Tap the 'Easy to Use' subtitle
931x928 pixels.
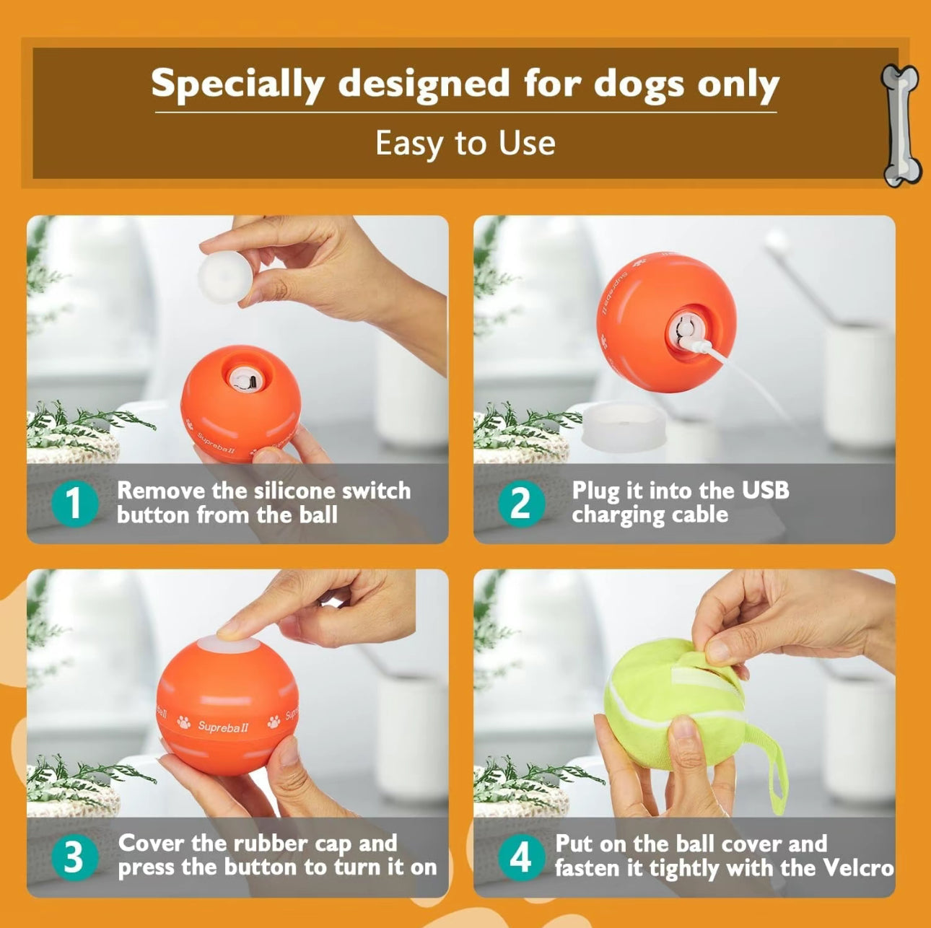point(465,143)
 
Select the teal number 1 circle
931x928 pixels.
point(74,503)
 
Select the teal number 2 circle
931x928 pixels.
point(521,503)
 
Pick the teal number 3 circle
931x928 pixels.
point(74,857)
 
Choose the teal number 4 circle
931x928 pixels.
point(521,857)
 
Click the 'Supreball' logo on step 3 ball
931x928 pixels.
point(223,726)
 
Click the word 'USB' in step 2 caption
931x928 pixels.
point(765,490)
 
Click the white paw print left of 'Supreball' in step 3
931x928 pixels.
point(184,722)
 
